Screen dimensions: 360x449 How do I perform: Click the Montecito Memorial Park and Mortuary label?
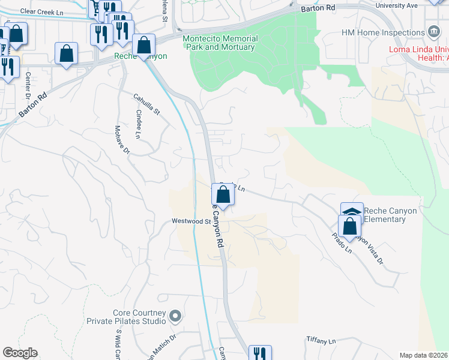[220, 43]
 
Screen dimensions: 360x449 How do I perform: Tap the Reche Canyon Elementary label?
[390, 215]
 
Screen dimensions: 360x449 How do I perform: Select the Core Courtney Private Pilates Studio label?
[140, 317]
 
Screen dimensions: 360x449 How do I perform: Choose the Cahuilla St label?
[147, 103]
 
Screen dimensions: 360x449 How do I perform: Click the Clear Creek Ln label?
[41, 11]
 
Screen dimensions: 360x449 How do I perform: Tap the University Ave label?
[396, 5]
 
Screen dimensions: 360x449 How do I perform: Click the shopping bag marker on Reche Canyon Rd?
[223, 195]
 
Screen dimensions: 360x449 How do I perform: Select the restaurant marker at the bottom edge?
[260, 353]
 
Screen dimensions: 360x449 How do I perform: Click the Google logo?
[20, 353]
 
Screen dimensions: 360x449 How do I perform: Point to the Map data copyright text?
[423, 355]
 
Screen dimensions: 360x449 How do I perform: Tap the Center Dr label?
[28, 87]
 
